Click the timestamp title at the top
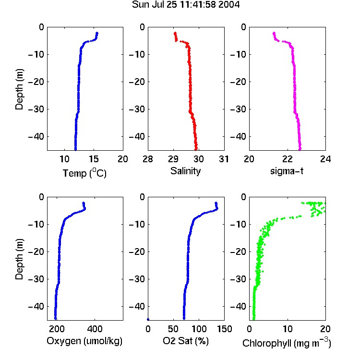pos(185,5)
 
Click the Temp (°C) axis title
pos(84,173)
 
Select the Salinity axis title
pos(185,171)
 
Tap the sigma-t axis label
pos(287,171)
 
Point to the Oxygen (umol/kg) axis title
pos(84,341)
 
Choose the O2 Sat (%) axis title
pos(185,341)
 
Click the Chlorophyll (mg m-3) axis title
pos(287,343)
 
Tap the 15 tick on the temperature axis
pos(94,159)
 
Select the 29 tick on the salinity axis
pos(173,159)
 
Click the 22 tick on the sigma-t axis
pos(287,159)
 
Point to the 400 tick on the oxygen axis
pos(95,329)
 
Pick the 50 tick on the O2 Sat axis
pos(173,329)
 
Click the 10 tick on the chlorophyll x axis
pos(287,329)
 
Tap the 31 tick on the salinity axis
pos(224,159)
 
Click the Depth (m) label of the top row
pos(19,89)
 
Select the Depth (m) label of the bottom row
pos(19,259)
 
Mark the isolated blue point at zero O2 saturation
pos(148,319)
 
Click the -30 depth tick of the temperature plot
pos(36,109)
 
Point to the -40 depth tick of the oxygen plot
pos(36,306)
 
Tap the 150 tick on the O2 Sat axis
pos(224,329)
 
